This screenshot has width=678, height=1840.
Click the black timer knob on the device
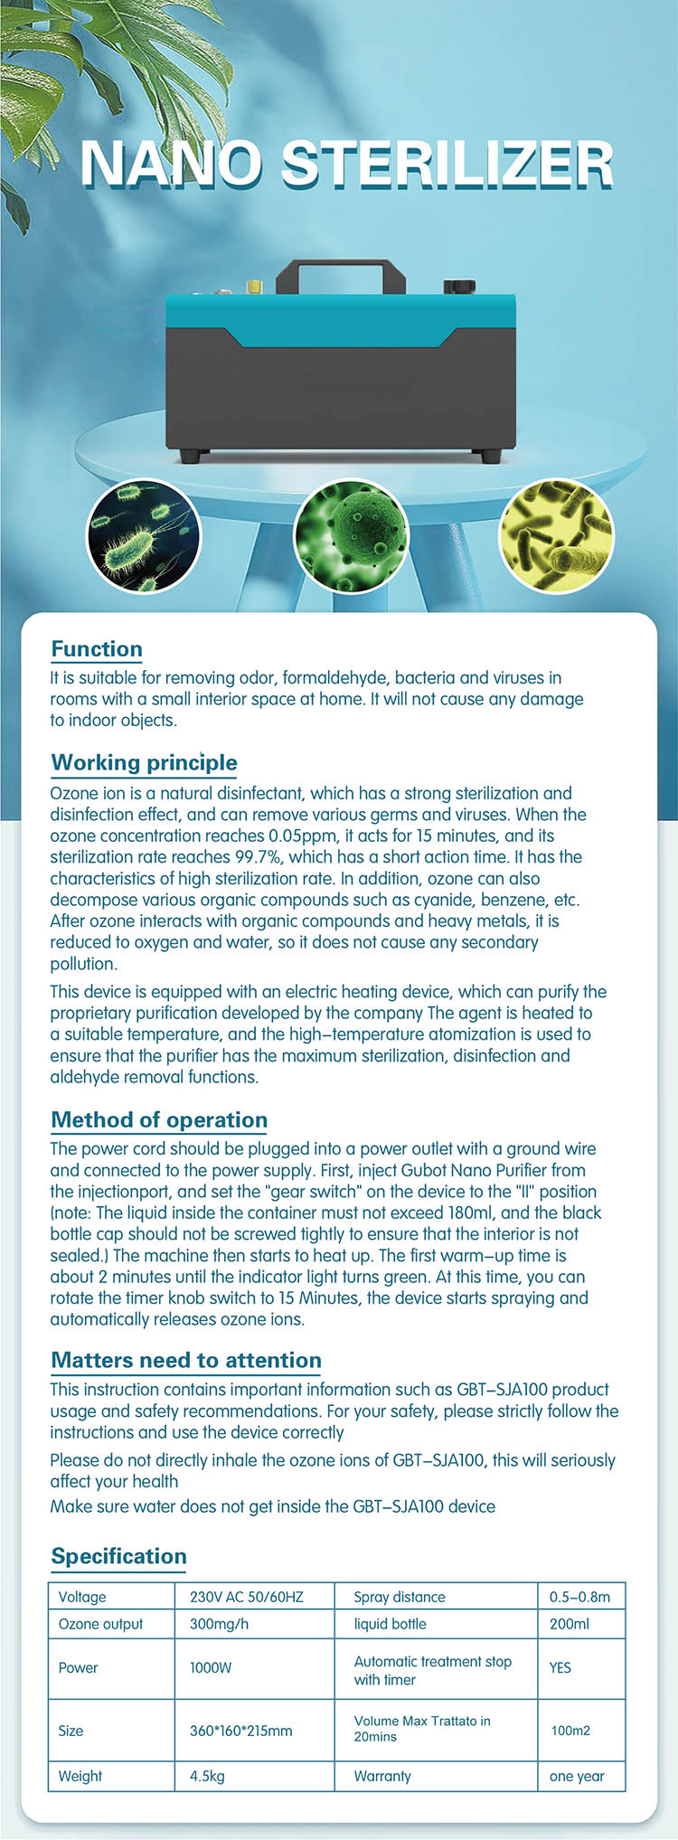point(459,287)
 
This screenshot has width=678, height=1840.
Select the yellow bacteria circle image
point(556,536)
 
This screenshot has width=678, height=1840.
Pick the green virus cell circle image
point(352,536)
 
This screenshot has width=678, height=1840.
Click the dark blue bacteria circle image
point(145,536)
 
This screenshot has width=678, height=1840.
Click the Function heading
point(97,649)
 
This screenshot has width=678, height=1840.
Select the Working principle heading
point(144,762)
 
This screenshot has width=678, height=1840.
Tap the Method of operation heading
point(159,1120)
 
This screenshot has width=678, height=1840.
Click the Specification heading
point(118,1556)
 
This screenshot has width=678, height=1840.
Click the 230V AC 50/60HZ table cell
point(247,1597)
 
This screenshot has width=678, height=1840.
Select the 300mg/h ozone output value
point(220,1624)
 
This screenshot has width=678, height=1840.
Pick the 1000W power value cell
point(211,1667)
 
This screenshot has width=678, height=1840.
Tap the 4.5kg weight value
point(207,1776)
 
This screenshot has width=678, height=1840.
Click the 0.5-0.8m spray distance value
point(579,1597)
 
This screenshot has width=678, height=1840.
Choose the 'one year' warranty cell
point(577,1776)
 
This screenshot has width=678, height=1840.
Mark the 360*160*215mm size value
point(241,1731)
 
